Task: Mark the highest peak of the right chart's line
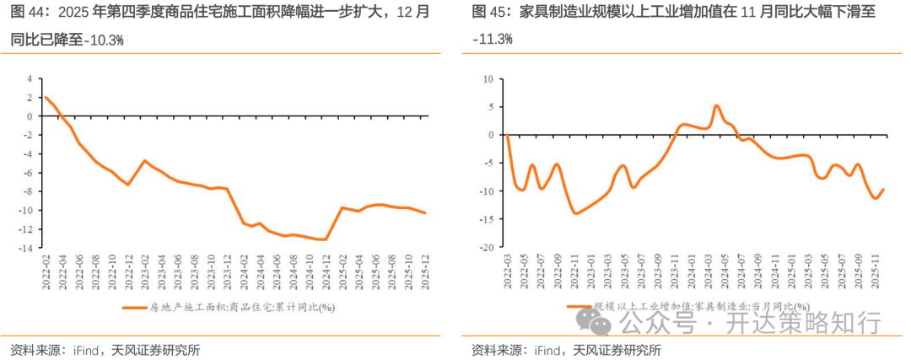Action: (715, 106)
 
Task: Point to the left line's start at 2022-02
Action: (45, 97)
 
